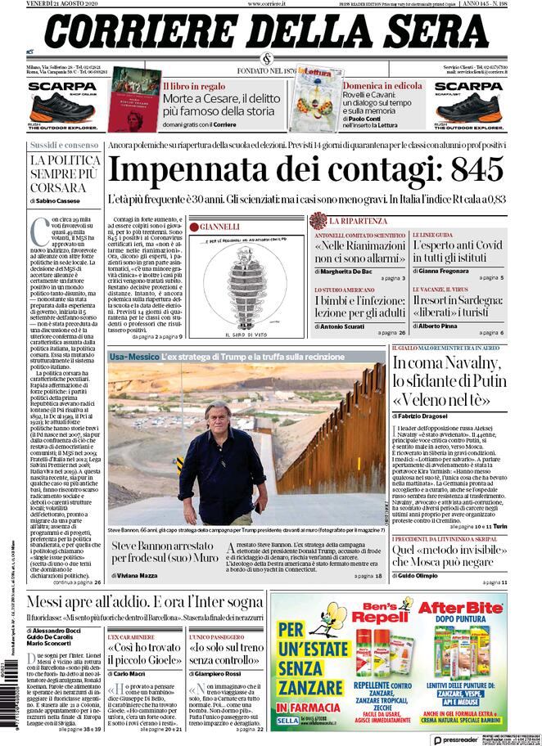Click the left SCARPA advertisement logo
[x=62, y=86]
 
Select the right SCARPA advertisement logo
[x=468, y=86]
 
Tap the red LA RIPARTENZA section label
[x=358, y=221]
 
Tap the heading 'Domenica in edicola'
[x=382, y=85]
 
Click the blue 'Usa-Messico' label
[x=132, y=357]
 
